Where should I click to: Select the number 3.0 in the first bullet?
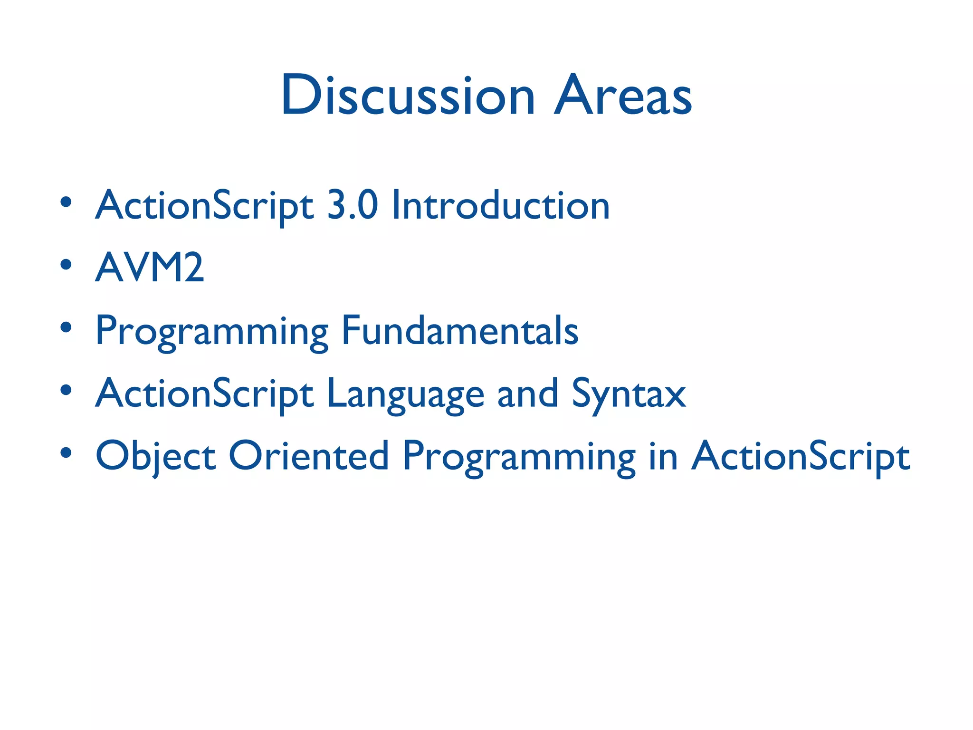[x=353, y=205]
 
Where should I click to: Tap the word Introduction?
[x=500, y=205]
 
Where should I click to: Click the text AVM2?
[x=150, y=268]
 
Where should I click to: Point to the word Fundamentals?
[x=459, y=330]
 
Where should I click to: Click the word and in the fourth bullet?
[x=527, y=394]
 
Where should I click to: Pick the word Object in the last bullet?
[x=155, y=456]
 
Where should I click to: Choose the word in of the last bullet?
[x=663, y=456]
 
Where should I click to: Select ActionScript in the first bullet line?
[x=205, y=206]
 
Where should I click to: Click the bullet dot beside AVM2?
[x=66, y=264]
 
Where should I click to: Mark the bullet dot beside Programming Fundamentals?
[x=66, y=327]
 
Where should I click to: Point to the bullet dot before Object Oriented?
[x=66, y=452]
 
